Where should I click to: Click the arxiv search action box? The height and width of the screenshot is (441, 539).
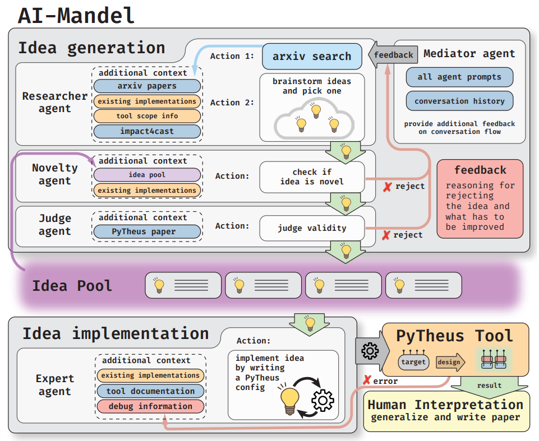[x=312, y=57]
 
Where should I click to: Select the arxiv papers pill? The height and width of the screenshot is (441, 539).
[x=147, y=86]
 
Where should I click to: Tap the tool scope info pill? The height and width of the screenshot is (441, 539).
[x=147, y=116]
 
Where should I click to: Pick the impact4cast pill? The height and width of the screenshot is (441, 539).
[x=147, y=131]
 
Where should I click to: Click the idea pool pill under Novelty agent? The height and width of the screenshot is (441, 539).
[x=147, y=175]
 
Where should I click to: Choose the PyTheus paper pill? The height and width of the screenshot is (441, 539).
[x=147, y=231]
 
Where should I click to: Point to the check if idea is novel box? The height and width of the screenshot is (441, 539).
[x=312, y=177]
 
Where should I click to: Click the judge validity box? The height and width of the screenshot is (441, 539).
[x=312, y=228]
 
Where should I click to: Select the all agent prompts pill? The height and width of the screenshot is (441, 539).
[x=459, y=77]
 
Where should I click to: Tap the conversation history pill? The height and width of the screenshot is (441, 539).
[x=459, y=101]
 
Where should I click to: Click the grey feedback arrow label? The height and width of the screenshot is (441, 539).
[x=393, y=54]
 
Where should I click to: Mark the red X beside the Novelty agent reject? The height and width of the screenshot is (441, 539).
[x=388, y=187]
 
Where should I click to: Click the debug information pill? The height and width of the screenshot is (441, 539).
[x=150, y=406]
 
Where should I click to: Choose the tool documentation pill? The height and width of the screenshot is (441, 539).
[x=150, y=391]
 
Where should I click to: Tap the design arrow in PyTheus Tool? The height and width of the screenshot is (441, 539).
[x=450, y=362]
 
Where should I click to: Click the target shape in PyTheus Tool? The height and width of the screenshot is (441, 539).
[x=413, y=361]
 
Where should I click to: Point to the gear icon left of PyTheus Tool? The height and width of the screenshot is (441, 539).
[x=370, y=351]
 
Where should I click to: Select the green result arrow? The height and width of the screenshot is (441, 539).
[x=489, y=387]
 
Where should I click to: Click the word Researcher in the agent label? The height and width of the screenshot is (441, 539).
[x=54, y=96]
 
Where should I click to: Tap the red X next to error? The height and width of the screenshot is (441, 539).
[x=367, y=380]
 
